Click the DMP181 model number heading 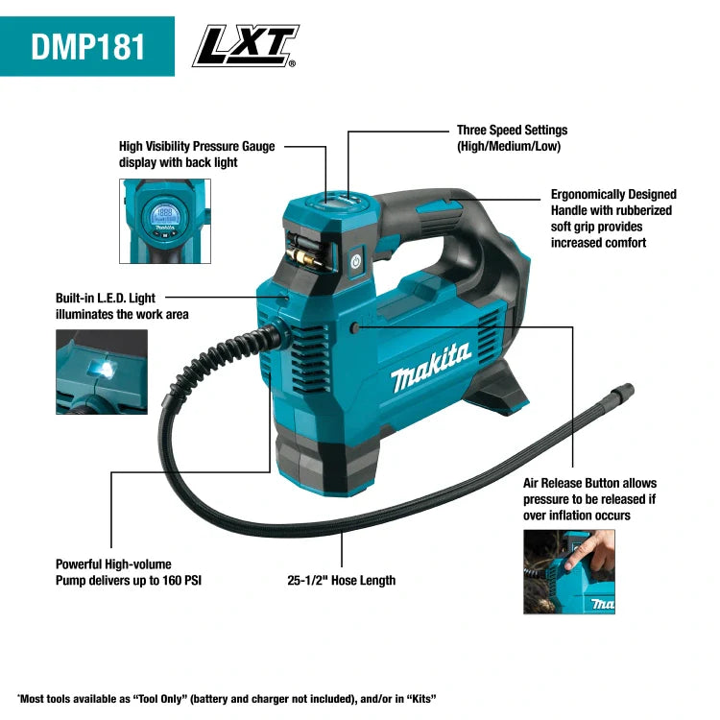pos(87,46)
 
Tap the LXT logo pos(246,46)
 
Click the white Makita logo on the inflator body pos(431,367)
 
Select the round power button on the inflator pos(356,260)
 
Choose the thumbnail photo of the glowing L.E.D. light pos(102,372)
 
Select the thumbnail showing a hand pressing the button pos(569,572)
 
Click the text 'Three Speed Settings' pos(512,130)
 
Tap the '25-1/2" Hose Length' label pos(341,580)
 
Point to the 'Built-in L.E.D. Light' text pos(106,299)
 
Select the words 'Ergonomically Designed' pos(613,194)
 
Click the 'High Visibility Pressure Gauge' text pos(197,146)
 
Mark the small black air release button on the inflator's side pos(356,327)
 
